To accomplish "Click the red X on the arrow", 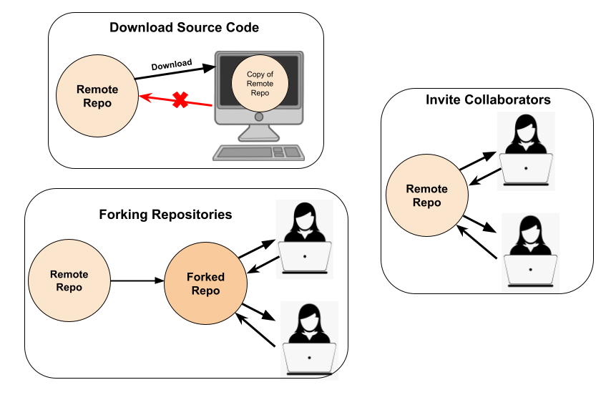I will (180, 100).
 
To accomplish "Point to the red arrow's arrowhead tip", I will (140, 96).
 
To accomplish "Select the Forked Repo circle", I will (205, 283).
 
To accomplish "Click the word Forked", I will (205, 277).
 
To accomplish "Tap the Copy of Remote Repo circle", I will (260, 83).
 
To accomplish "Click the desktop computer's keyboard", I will (258, 152).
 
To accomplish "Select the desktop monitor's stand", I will (259, 132).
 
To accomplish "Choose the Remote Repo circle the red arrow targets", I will (97, 96).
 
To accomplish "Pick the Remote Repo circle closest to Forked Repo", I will (69, 281).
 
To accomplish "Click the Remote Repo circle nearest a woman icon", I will (426, 195).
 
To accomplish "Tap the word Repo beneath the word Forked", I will (205, 291).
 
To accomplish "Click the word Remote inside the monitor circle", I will (260, 84).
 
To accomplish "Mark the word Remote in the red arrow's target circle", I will (97, 89).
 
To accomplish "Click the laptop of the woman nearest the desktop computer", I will (305, 256).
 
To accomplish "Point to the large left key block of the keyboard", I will (244, 152).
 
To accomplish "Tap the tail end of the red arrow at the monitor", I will (213, 105).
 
